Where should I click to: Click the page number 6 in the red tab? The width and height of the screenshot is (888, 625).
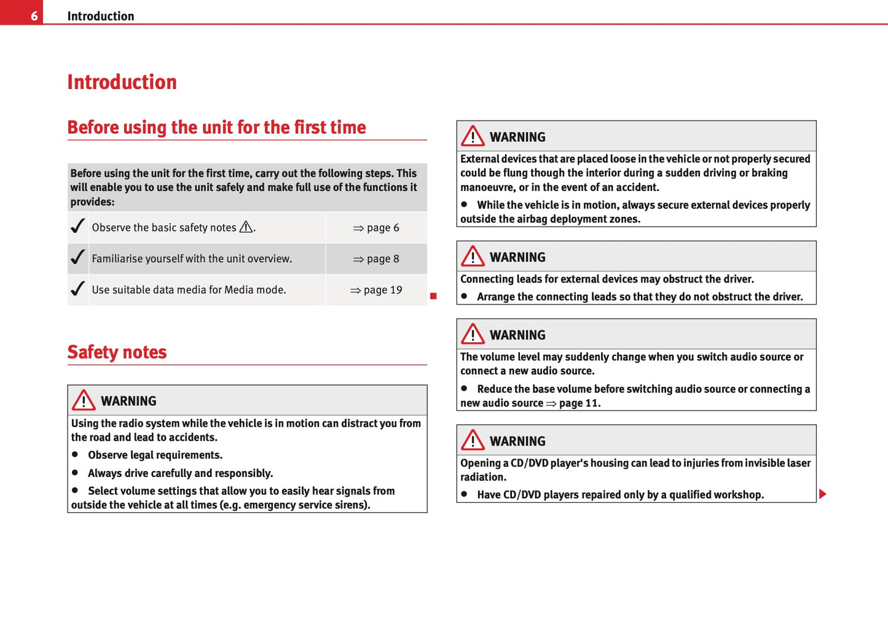(x=34, y=16)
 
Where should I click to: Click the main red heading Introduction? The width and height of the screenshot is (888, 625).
(x=122, y=82)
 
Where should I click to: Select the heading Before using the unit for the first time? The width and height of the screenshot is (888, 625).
(x=216, y=127)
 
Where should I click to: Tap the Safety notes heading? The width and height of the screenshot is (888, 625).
(x=117, y=352)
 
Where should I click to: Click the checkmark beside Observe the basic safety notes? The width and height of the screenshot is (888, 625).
(x=77, y=227)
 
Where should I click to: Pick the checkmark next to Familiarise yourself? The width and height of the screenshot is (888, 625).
(x=77, y=258)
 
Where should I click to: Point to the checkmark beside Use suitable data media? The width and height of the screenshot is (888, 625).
(x=77, y=289)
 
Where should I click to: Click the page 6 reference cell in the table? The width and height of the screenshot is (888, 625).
(x=376, y=228)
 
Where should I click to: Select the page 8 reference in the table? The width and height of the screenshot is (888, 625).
(x=376, y=259)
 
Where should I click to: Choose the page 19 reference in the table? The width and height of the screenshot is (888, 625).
(x=376, y=290)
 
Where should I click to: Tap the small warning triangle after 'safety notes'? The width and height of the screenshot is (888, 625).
(x=246, y=227)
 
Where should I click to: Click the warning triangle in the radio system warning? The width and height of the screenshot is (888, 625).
(x=84, y=401)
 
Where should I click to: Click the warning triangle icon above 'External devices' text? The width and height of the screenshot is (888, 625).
(x=473, y=136)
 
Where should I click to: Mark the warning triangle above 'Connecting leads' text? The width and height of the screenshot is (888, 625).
(x=473, y=257)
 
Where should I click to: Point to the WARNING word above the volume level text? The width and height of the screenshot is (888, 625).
(x=517, y=335)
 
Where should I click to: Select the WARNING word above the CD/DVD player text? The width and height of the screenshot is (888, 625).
(x=517, y=441)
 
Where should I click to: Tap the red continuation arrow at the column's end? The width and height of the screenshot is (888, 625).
(x=823, y=494)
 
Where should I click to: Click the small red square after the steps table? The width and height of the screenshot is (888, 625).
(x=433, y=297)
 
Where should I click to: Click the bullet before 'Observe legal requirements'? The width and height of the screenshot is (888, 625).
(x=75, y=454)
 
